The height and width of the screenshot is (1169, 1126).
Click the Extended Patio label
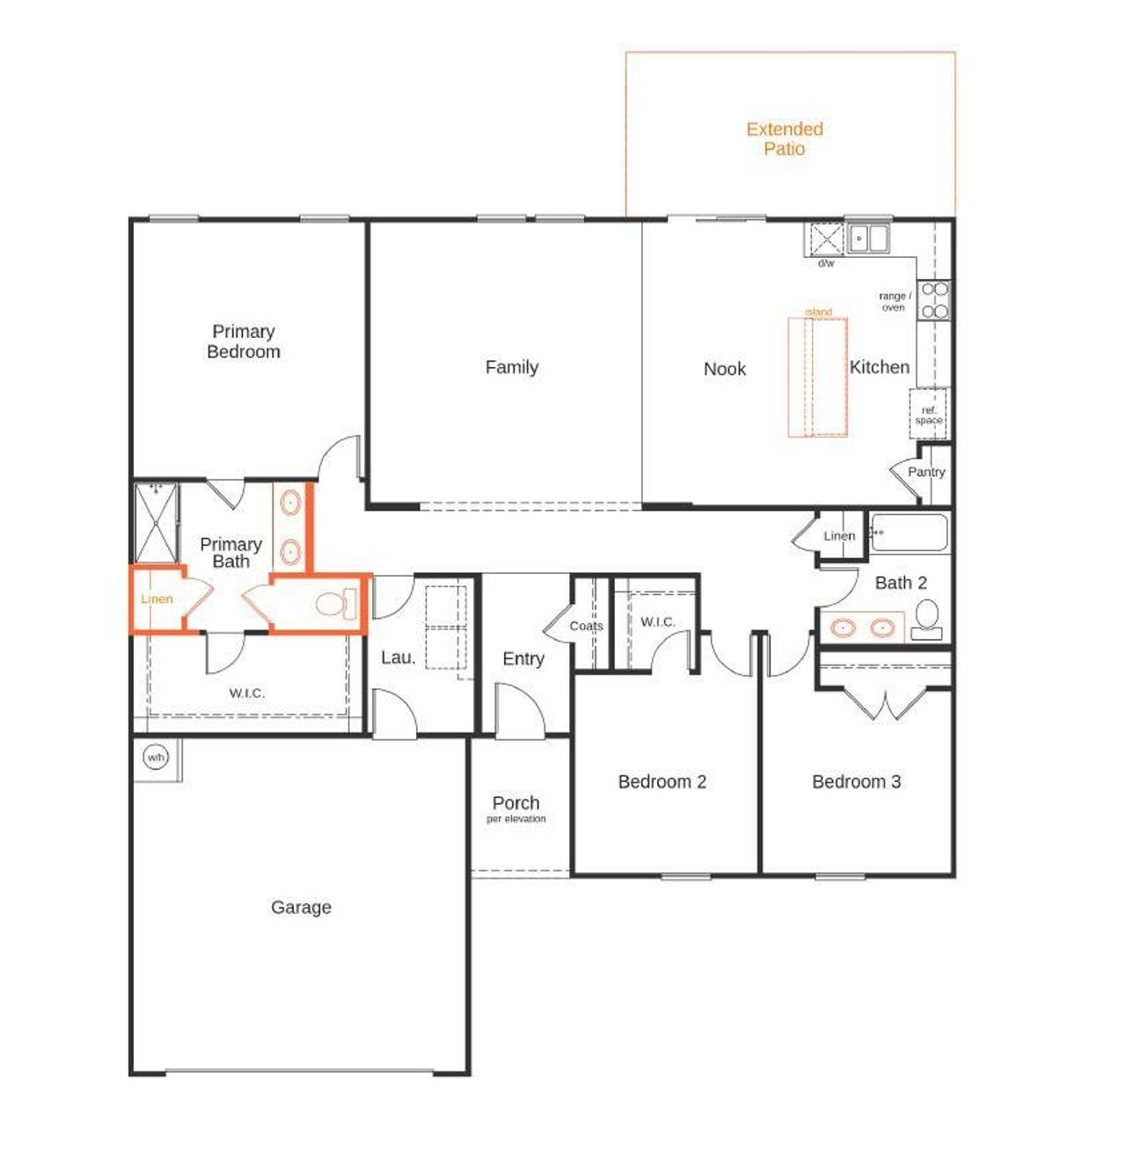(784, 139)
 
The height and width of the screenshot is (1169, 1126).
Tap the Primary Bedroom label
(244, 342)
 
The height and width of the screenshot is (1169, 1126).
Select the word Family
(512, 367)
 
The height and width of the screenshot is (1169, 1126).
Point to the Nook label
(725, 369)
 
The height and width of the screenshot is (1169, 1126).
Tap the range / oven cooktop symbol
(934, 300)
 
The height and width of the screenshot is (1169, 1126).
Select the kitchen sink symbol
(868, 238)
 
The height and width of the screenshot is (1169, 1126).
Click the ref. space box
(928, 415)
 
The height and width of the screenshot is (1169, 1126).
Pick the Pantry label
(926, 472)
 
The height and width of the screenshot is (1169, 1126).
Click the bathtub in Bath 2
(909, 533)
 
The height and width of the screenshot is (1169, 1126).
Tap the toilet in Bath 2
(926, 619)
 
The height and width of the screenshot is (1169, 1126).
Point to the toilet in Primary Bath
(334, 604)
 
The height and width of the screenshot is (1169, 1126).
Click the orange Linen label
(157, 599)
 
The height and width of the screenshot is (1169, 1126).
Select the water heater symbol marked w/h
(156, 757)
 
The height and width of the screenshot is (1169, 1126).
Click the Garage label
(301, 907)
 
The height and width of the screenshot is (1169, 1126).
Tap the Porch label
(516, 803)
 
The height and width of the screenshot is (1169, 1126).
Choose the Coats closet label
(586, 626)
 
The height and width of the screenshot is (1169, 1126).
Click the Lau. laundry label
(398, 658)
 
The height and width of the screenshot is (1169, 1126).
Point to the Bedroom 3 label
(856, 782)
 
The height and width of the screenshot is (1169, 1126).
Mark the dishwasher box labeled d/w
(826, 239)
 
